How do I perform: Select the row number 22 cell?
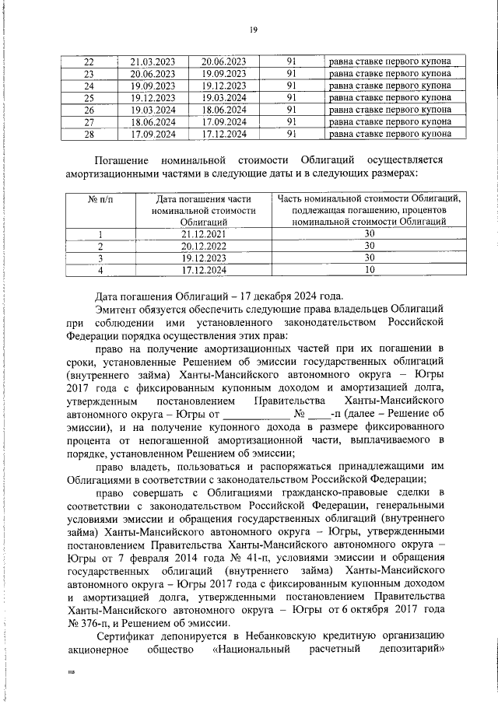(88, 61)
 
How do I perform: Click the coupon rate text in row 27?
(389, 121)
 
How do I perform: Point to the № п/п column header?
(100, 198)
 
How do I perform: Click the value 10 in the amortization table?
(370, 270)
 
